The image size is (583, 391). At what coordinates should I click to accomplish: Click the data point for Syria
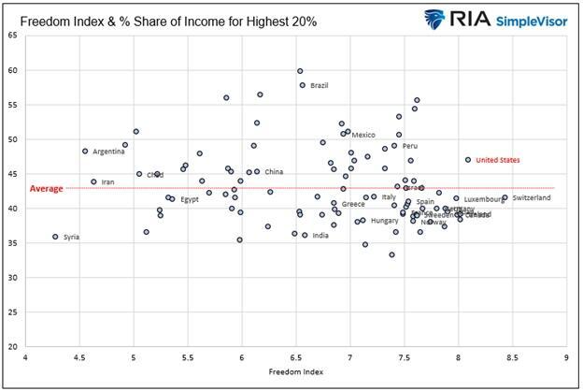pos(55,237)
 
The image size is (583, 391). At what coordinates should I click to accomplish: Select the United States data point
pos(468,160)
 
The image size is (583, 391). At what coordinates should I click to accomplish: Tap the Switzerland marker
pos(505,197)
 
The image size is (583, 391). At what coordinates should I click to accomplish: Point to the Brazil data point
pos(303,85)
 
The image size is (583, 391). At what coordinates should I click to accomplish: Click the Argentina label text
pos(108,152)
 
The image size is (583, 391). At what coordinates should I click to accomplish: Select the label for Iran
pos(107,181)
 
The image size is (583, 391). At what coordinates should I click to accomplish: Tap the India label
pos(320,236)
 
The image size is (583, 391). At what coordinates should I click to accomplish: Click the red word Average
pos(47,189)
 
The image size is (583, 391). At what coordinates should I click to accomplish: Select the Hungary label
pos(384,221)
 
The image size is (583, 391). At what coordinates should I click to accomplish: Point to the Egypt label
pos(190,199)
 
